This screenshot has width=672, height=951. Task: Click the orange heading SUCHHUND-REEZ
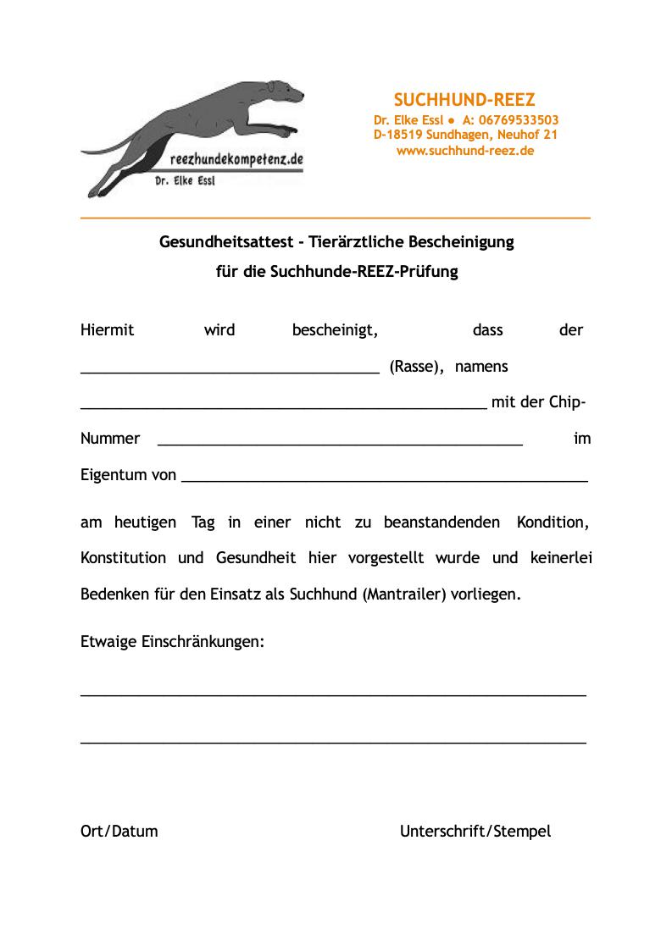[x=464, y=100]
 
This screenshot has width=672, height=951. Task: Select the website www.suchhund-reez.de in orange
[x=465, y=151]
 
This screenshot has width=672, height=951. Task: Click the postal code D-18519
[x=399, y=135]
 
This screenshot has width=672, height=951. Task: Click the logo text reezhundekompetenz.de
[x=236, y=159]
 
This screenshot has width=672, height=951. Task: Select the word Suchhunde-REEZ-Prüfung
[x=364, y=273]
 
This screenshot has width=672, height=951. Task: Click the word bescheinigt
[x=335, y=330]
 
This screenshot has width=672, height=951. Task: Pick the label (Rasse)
[x=417, y=368]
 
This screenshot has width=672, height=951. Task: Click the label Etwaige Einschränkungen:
[x=173, y=642]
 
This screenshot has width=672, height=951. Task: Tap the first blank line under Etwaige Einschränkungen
[x=333, y=695]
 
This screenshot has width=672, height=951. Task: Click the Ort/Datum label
[x=119, y=832]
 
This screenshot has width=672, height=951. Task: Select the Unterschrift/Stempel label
[x=475, y=832]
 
